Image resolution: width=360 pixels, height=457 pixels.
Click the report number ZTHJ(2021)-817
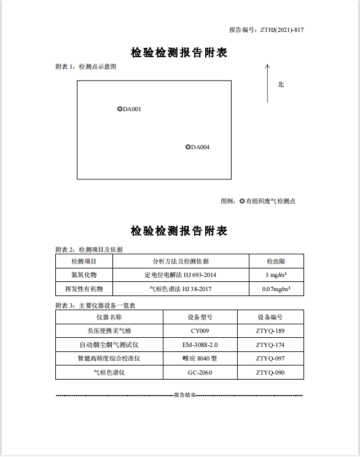point(282,29)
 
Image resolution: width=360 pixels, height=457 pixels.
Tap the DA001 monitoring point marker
point(120,109)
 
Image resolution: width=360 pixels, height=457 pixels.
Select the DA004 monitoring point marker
point(188,147)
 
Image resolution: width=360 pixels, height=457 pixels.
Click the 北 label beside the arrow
point(281,85)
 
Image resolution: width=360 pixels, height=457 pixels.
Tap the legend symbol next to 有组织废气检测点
point(242,201)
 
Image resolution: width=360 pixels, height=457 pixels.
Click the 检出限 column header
point(275,262)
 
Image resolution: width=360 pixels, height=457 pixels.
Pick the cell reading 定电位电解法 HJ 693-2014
point(180,275)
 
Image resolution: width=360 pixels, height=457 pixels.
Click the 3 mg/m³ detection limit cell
point(276,275)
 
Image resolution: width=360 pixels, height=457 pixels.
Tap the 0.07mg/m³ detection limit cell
point(276,289)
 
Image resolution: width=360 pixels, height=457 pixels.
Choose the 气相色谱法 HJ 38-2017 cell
point(180,289)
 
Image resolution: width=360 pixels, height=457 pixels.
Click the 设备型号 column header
point(200,318)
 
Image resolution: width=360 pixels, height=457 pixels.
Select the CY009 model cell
point(200,331)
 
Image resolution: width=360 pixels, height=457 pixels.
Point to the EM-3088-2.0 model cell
point(200,345)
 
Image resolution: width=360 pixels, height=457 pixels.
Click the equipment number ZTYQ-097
point(270,358)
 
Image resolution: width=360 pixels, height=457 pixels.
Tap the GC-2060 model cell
point(200,372)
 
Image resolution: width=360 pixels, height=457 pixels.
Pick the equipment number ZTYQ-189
point(270,331)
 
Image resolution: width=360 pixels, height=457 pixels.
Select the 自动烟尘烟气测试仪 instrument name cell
point(109,345)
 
